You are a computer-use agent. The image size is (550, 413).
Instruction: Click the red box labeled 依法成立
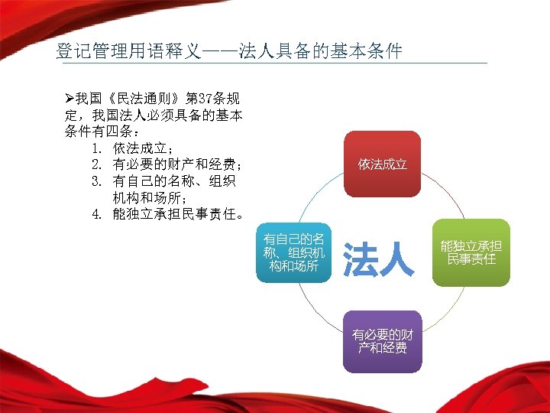point(383,164)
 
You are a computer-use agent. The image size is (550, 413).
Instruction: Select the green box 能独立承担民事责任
point(471,252)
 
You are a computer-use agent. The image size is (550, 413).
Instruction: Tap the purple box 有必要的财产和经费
point(382,341)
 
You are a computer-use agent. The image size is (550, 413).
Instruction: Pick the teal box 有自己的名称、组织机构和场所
point(293,252)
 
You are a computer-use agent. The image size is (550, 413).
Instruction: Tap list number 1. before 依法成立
point(97,148)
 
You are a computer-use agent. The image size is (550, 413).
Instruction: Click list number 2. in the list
point(97,164)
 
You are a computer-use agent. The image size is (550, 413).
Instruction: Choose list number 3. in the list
point(97,181)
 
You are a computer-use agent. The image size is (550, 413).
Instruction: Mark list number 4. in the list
point(97,214)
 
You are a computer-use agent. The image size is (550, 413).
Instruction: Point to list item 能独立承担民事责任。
point(180,214)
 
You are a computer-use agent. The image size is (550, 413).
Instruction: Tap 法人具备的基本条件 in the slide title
point(320,52)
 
